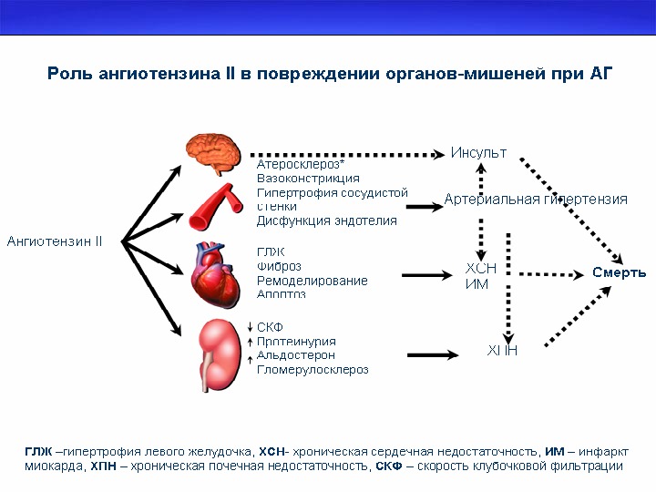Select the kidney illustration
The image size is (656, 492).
coord(219,354)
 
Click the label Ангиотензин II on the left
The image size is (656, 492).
coord(55,241)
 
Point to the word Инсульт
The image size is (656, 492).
coord(478,152)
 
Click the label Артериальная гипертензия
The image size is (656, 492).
coord(536,200)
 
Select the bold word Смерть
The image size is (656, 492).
coord(620,272)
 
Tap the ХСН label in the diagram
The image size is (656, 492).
coord(481,269)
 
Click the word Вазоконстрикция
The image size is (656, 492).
coord(308,179)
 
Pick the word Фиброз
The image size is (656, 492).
coord(280,266)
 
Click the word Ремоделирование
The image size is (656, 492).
coord(312,281)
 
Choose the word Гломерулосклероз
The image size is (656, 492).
coord(313,369)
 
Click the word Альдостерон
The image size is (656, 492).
coord(295,354)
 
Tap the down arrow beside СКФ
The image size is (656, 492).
coord(250,326)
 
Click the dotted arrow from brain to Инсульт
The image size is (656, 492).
coord(346,155)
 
